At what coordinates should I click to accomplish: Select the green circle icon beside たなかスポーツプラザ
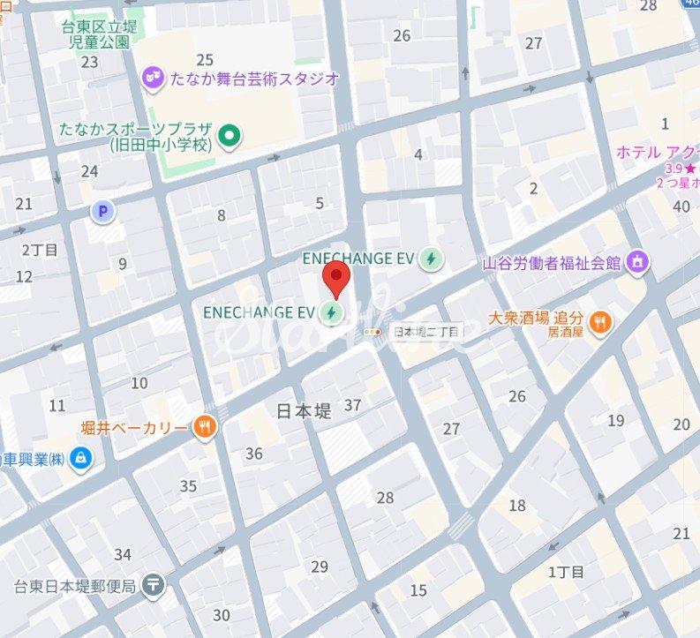click(230, 136)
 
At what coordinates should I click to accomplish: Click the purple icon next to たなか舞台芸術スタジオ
click(154, 79)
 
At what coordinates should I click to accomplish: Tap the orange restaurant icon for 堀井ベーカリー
click(205, 427)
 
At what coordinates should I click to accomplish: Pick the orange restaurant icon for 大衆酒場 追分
click(600, 323)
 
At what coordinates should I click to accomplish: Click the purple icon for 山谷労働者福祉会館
click(637, 262)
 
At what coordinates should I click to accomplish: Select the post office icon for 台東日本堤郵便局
click(154, 584)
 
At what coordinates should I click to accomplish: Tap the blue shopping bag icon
click(81, 458)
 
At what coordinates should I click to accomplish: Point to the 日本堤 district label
click(305, 410)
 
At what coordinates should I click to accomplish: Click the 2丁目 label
click(40, 250)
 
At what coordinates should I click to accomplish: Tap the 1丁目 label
click(566, 572)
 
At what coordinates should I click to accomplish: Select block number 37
click(353, 405)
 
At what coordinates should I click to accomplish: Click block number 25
click(205, 60)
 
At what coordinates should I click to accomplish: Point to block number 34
click(123, 554)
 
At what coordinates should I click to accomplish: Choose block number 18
click(517, 505)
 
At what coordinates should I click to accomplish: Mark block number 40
click(681, 206)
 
